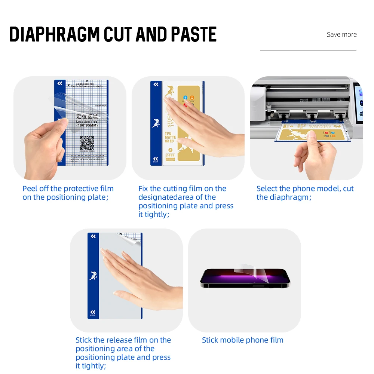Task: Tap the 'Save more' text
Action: coord(341,34)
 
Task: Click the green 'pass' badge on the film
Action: coord(170,155)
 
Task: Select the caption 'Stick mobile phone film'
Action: coord(242,340)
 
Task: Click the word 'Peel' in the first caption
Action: coord(30,188)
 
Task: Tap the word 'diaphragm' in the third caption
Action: coord(289,197)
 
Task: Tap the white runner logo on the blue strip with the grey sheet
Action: coord(93,276)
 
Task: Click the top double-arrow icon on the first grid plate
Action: coord(60,84)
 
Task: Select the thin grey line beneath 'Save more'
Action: coord(308,50)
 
